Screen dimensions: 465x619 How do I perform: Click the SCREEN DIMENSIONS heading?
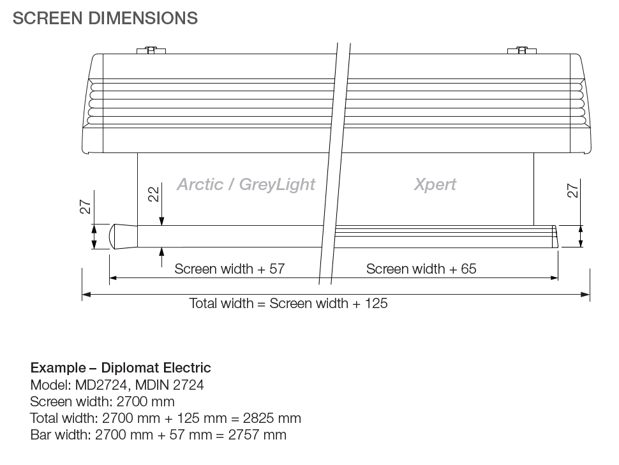click(105, 18)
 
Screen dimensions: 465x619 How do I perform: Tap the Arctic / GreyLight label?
click(246, 184)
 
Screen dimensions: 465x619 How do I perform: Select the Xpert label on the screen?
click(435, 184)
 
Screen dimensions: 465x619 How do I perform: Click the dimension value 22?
click(154, 195)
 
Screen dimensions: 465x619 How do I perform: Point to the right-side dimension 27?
click(573, 191)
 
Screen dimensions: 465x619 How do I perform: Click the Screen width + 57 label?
click(230, 269)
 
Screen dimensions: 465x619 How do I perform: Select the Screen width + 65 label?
click(421, 269)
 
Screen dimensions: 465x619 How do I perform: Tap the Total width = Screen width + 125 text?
click(288, 303)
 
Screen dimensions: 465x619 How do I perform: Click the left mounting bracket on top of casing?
click(151, 50)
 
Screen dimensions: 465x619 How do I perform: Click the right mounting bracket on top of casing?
click(521, 50)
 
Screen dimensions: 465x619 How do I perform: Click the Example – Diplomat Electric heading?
click(121, 368)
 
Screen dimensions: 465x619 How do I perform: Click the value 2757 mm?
click(258, 435)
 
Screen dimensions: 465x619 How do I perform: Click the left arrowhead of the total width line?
click(87, 295)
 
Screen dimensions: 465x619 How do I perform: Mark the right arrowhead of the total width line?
click(586, 295)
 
